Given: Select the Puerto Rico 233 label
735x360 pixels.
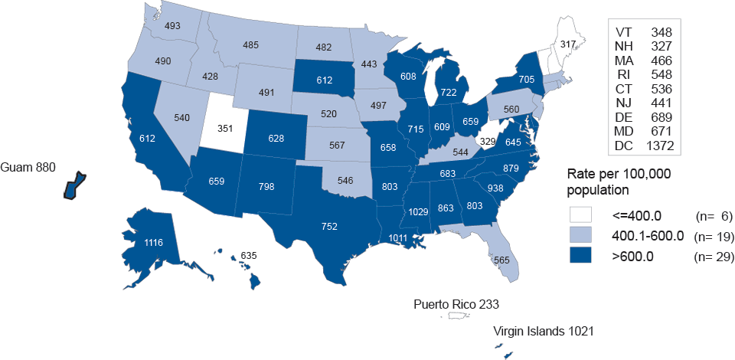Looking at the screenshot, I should tap(456, 304).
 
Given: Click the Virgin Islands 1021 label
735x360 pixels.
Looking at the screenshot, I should tap(544, 331).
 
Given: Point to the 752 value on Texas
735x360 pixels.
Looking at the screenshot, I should tap(330, 226).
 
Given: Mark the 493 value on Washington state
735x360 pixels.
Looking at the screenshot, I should tap(173, 26).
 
